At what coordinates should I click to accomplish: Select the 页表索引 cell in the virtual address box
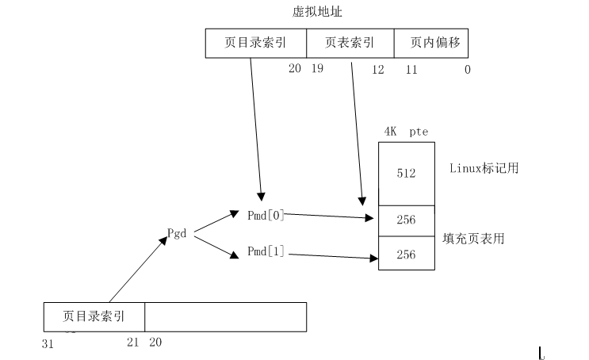[350, 44]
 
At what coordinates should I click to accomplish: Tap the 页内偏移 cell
[435, 44]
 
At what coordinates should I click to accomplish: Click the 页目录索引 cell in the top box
[254, 44]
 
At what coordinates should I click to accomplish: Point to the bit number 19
[318, 70]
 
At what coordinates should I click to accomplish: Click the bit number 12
[377, 70]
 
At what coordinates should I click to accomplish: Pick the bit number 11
[411, 70]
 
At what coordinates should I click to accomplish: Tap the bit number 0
[467, 70]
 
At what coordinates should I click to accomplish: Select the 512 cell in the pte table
[406, 174]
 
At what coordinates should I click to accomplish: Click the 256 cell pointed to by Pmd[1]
[406, 254]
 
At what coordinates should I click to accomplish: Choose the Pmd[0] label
[266, 214]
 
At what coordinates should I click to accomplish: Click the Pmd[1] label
[266, 252]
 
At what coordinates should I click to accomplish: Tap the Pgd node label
[177, 233]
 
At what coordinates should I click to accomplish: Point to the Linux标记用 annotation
[484, 168]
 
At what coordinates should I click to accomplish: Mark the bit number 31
[47, 343]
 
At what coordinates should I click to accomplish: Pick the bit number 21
[132, 343]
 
